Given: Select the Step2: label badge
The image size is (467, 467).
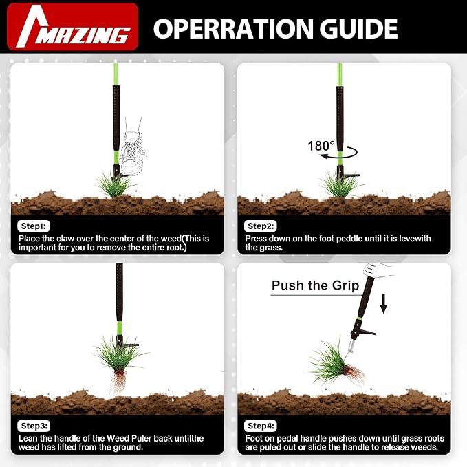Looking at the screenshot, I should [x=260, y=226].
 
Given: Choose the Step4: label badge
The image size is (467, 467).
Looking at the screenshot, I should [x=260, y=425].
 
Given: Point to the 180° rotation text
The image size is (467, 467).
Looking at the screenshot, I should [x=322, y=145].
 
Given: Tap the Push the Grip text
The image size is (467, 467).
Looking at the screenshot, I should [x=315, y=285].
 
